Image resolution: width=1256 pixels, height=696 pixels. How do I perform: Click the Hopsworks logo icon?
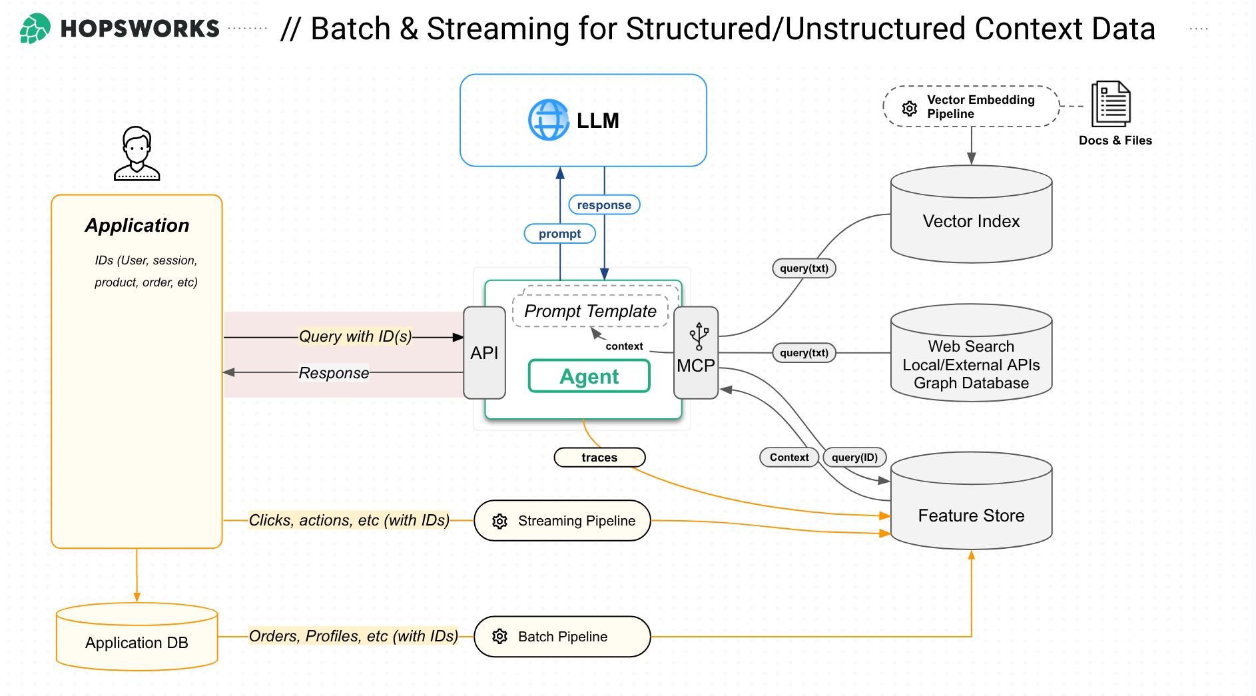[x=35, y=29]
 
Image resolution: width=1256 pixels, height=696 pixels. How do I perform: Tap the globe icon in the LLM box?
[x=548, y=120]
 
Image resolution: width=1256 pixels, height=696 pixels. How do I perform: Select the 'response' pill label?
[x=604, y=205]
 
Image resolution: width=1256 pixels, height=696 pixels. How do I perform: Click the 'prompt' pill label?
[x=559, y=234]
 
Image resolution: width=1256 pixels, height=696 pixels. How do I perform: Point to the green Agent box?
[x=589, y=376]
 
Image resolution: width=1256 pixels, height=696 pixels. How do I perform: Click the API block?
[x=484, y=353]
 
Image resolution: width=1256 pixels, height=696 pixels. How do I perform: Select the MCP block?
[x=696, y=353]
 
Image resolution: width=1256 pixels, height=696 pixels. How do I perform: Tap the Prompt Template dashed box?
[x=590, y=311]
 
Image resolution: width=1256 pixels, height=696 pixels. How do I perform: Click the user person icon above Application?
[x=137, y=154]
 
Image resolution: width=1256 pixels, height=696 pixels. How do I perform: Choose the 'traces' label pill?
[x=599, y=458]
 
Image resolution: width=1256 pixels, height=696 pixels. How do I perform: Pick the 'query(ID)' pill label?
[x=854, y=458]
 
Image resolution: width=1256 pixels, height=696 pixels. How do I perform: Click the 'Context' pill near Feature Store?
[x=789, y=458]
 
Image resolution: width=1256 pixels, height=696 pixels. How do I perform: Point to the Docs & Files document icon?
[x=1111, y=104]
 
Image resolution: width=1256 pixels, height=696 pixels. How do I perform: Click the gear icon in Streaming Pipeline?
[x=499, y=521]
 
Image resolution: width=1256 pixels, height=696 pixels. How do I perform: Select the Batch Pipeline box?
[x=562, y=637]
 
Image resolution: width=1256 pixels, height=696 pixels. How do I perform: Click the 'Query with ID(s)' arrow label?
[x=355, y=336]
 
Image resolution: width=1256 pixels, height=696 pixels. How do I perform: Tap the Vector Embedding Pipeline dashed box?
[x=971, y=107]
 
